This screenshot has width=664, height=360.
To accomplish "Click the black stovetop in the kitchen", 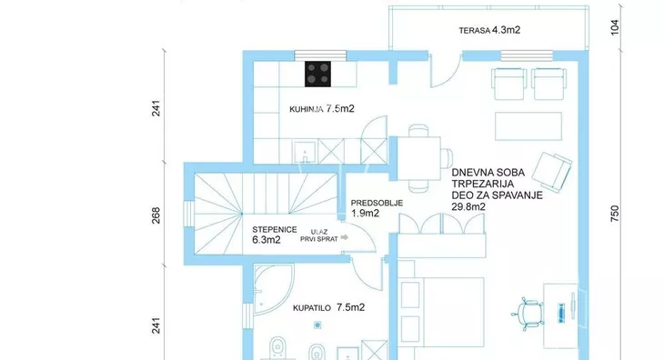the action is pyautogui.click(x=317, y=74).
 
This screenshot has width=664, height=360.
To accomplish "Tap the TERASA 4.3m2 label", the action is pyautogui.click(x=489, y=30).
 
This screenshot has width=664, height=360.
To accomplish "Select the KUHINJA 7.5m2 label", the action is pyautogui.click(x=322, y=109).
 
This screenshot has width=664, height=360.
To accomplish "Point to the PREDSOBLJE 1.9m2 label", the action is pyautogui.click(x=377, y=208).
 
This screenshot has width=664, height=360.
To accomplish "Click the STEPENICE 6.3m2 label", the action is pyautogui.click(x=275, y=235).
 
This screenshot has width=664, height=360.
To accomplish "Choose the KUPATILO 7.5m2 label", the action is pyautogui.click(x=328, y=307).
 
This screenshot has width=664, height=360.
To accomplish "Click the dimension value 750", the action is pyautogui.click(x=615, y=214).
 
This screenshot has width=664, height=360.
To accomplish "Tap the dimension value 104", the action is pyautogui.click(x=615, y=27).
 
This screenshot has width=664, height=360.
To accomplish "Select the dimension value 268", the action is pyautogui.click(x=156, y=215).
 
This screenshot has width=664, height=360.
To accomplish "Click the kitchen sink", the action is pyautogui.click(x=305, y=152).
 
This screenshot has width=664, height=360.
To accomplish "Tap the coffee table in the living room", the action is pyautogui.click(x=528, y=126).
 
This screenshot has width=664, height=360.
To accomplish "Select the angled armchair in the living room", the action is pyautogui.click(x=552, y=172).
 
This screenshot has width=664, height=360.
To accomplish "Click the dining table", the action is pyautogui.click(x=418, y=159).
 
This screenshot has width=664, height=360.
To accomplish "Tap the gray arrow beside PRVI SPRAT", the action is pyautogui.click(x=345, y=237).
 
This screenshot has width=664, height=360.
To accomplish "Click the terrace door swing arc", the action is pyautogui.click(x=452, y=76).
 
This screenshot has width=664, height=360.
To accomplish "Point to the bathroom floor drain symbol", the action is pyautogui.click(x=317, y=325).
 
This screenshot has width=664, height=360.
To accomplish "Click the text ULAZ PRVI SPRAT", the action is pyautogui.click(x=319, y=235).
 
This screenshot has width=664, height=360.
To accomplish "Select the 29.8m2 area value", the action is pyautogui.click(x=468, y=207).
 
